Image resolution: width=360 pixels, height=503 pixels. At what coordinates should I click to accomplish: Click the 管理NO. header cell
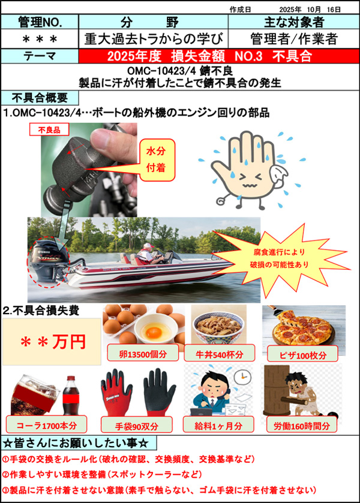(40, 22)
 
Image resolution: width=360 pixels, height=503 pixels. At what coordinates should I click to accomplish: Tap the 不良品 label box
(49, 129)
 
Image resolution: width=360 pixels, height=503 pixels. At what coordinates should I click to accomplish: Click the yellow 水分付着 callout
(157, 159)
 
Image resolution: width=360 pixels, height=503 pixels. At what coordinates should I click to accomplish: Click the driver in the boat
(148, 254)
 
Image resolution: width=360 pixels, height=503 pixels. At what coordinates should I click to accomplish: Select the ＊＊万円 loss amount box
(52, 342)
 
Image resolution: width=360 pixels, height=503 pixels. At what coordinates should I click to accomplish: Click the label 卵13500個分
(143, 354)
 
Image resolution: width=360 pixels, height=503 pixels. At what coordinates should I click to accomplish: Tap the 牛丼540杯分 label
(220, 354)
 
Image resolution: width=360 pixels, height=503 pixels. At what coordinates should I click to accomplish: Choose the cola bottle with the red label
(71, 396)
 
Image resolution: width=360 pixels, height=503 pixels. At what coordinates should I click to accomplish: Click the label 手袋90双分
(137, 426)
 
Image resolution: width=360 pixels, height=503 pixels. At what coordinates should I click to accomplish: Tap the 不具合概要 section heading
(40, 98)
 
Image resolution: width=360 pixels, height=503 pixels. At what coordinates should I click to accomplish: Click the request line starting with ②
(102, 474)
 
